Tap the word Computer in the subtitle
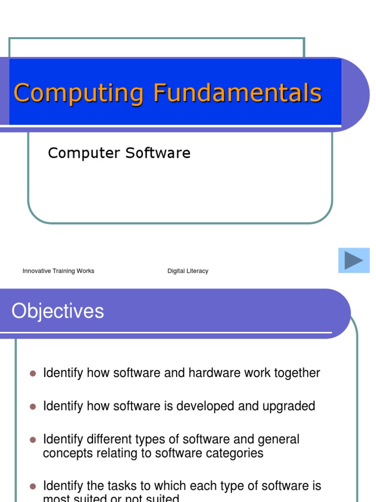click(x=84, y=153)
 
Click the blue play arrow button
click(x=353, y=260)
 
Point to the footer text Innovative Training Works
click(x=58, y=271)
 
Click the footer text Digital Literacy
click(x=188, y=271)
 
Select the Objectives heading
click(x=58, y=311)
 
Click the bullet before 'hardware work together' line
click(x=33, y=374)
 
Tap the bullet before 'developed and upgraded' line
click(x=33, y=406)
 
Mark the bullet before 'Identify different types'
click(x=33, y=440)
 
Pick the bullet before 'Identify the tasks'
click(x=33, y=486)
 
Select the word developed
click(x=208, y=406)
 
